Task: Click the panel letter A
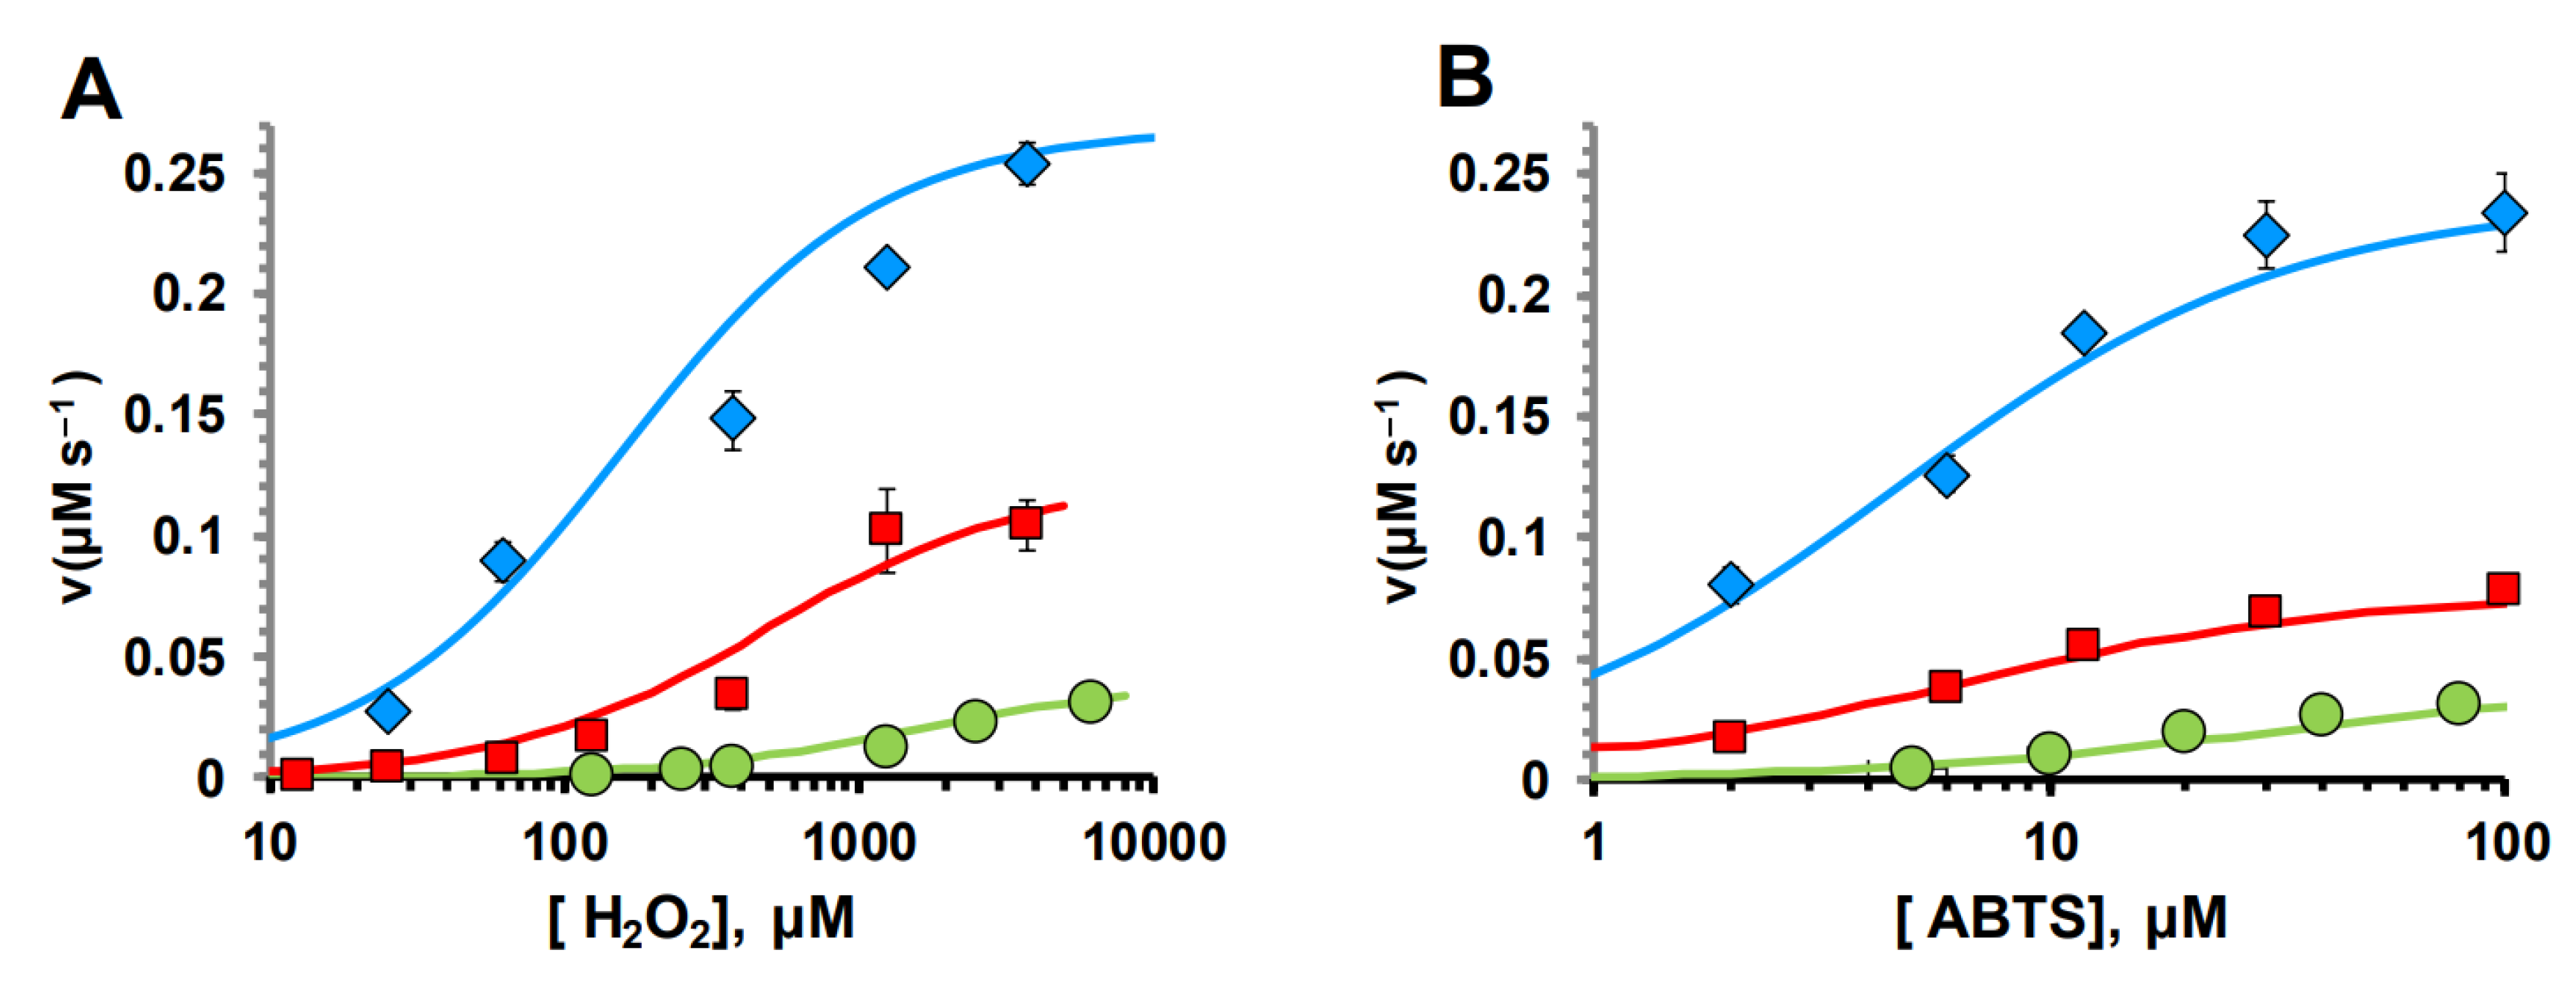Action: [91, 89]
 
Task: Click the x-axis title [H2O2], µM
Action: [701, 919]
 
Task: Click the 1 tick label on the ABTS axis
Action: [1594, 843]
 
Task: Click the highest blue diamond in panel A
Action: [1026, 163]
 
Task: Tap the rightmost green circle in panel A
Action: [1090, 701]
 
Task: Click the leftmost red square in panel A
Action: [297, 774]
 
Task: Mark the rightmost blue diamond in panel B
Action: [2504, 212]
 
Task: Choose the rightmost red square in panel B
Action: [2502, 589]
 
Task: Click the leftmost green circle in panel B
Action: [1912, 766]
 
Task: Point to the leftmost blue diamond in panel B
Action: [1730, 584]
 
